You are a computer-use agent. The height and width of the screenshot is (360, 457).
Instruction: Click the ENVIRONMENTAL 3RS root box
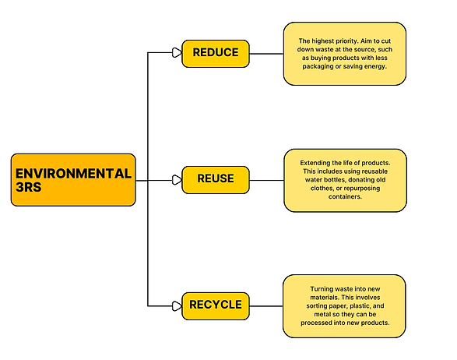(73, 179)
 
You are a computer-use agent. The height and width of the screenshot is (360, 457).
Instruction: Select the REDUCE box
(216, 53)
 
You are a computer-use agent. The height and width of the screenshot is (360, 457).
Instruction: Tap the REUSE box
(216, 179)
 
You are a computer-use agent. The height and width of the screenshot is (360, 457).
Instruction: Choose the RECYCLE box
(216, 305)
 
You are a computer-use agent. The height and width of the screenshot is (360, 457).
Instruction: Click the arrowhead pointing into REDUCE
(176, 53)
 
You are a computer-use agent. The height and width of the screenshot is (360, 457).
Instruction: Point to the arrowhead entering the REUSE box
(176, 179)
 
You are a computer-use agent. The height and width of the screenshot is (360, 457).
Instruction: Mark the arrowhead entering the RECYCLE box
(176, 305)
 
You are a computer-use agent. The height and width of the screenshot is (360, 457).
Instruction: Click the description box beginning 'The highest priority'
(344, 54)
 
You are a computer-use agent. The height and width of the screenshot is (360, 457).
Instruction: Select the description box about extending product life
(345, 179)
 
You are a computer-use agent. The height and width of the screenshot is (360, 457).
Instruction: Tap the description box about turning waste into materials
(344, 305)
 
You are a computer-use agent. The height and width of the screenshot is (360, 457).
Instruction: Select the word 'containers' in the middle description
(345, 197)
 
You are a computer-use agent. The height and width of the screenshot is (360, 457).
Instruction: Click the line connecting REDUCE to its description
(266, 53)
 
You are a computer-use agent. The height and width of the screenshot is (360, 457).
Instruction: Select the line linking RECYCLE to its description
(266, 305)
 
